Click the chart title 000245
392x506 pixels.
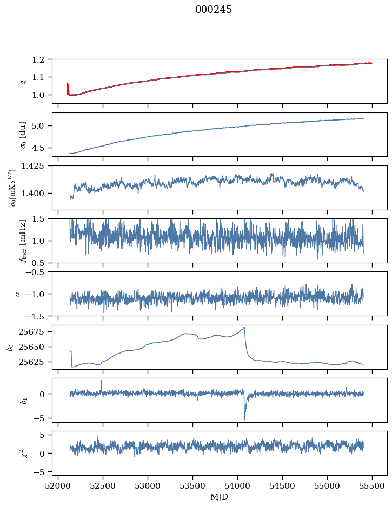click(x=214, y=10)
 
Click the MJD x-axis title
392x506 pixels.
click(x=220, y=497)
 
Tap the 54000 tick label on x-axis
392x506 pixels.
click(x=237, y=485)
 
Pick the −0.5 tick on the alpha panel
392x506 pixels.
click(x=37, y=272)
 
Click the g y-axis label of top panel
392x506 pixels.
click(x=23, y=81)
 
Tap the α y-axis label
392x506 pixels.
click(x=18, y=294)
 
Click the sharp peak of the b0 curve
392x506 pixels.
click(x=244, y=327)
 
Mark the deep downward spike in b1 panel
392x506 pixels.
click(x=244, y=419)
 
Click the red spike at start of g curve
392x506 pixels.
click(x=68, y=85)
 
